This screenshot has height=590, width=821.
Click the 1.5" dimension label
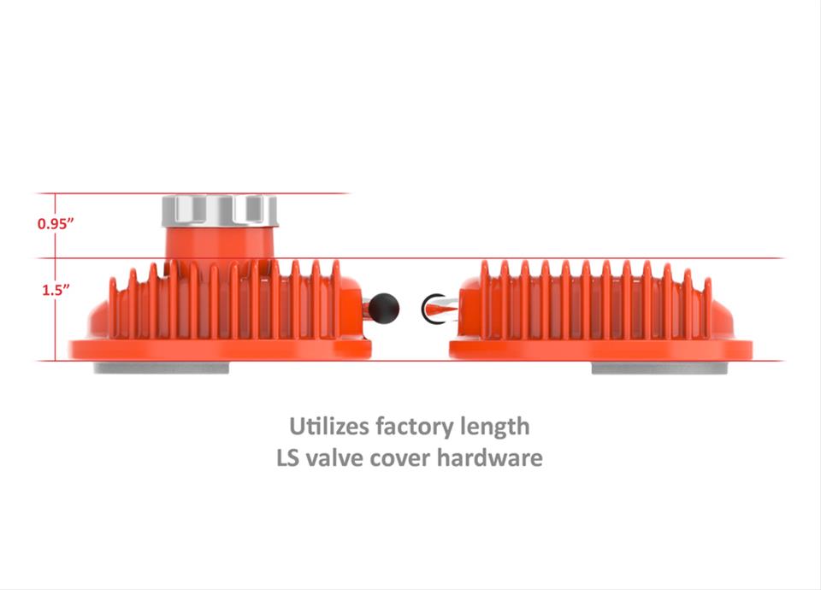pos(56,290)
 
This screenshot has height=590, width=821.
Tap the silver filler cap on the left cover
pos(220,210)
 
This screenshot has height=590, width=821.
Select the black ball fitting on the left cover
pos(386,304)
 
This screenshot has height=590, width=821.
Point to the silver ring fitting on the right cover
pos(434,307)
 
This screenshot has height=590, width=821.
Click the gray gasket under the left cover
pos(162,368)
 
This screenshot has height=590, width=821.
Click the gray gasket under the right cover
pos(659,368)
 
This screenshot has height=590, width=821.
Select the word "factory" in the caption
pos(413,426)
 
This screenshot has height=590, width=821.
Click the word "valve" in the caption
pos(339,457)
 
